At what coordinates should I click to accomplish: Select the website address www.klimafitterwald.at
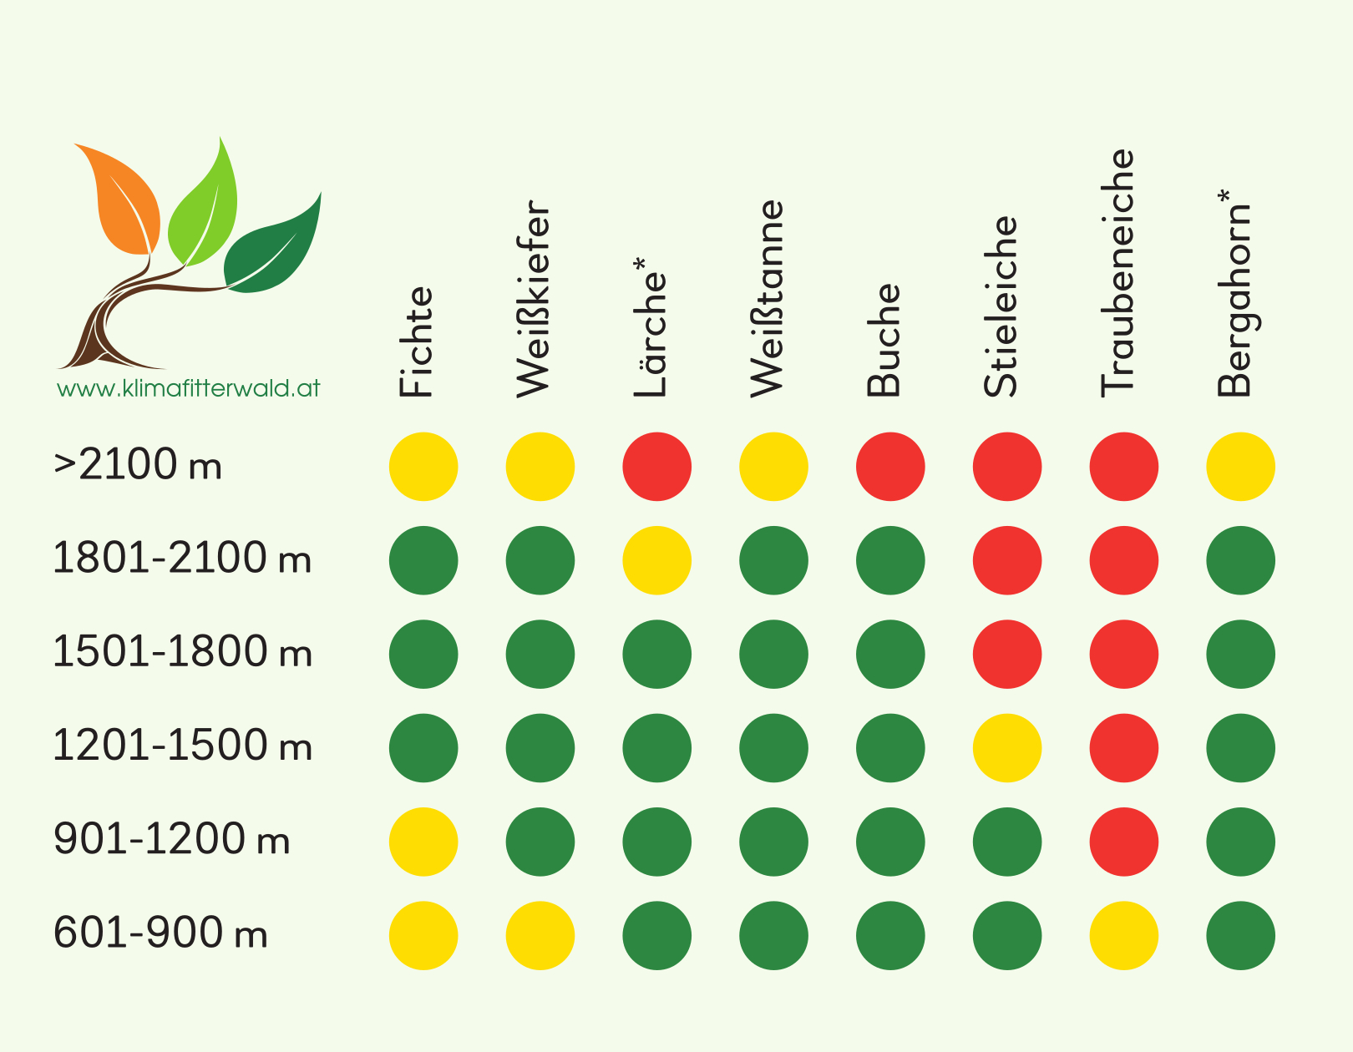(188, 388)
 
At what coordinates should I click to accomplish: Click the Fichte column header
(416, 342)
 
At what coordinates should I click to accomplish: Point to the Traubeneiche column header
(1117, 271)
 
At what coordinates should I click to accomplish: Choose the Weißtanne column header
(767, 298)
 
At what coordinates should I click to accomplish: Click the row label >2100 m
(138, 465)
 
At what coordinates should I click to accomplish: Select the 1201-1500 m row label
(182, 746)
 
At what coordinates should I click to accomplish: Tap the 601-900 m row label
(160, 933)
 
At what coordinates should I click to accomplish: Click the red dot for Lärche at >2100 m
(656, 467)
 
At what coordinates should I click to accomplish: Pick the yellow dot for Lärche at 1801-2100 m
(656, 560)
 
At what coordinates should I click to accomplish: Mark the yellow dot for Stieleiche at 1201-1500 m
(1007, 748)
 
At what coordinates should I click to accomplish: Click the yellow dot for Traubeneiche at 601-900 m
(1124, 935)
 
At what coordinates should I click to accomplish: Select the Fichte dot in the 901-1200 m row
(423, 842)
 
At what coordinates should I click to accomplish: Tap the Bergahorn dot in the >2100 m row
(1240, 467)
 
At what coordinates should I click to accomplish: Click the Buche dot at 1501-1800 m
(890, 654)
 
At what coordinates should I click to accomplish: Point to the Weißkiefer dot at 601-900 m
(540, 935)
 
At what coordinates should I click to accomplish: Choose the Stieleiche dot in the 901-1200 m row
(1007, 842)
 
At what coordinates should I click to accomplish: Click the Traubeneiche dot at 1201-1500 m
(1124, 748)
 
